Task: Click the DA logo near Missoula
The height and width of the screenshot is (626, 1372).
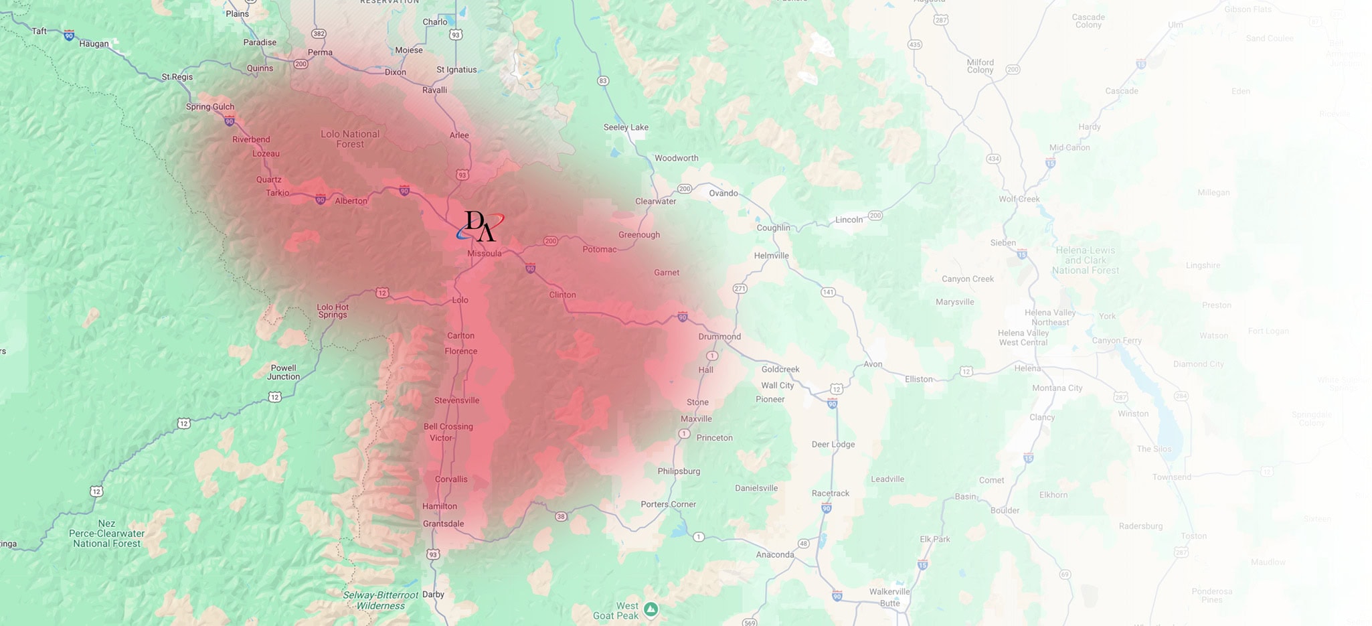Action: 480,226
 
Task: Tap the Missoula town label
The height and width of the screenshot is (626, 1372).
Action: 484,254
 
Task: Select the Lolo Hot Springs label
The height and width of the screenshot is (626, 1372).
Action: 333,311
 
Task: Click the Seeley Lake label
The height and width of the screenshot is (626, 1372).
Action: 626,127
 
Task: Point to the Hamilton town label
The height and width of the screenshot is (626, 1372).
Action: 440,506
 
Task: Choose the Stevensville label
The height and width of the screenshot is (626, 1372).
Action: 456,400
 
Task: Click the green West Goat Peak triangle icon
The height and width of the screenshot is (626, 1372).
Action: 651,609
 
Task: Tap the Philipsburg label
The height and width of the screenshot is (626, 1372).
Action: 679,471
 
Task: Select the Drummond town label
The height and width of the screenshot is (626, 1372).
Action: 719,337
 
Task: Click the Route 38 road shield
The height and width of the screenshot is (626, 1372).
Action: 561,516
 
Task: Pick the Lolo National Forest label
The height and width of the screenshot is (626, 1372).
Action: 350,139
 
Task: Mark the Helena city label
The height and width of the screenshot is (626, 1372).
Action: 1027,368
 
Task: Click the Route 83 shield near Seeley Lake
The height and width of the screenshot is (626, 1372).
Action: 603,81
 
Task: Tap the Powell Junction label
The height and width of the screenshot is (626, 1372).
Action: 284,372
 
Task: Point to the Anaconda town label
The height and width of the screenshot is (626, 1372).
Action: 775,554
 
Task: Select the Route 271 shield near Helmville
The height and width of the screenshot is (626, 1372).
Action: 740,289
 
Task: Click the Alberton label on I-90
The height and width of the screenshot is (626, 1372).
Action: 351,201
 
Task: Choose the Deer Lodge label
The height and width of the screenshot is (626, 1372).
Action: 833,445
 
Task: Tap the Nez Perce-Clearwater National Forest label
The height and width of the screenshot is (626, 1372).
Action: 106,534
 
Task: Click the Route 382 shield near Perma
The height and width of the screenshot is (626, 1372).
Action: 319,33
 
